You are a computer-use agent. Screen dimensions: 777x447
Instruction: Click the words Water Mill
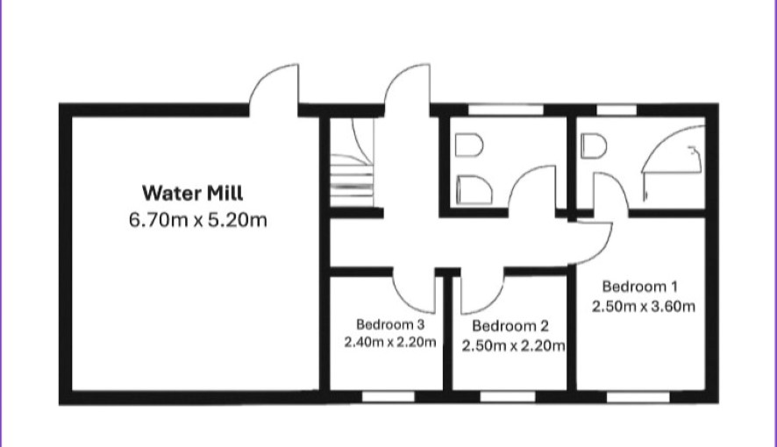point(192,193)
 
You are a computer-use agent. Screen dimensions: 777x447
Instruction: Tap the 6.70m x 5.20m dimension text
point(197,219)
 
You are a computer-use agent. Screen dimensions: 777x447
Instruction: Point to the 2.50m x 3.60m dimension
point(643,306)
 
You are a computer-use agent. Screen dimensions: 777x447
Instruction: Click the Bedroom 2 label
point(510,326)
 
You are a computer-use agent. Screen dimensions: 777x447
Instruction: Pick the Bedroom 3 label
point(390,324)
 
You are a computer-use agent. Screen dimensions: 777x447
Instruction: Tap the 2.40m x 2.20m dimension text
point(390,342)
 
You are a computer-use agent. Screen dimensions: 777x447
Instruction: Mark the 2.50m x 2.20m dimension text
point(513,345)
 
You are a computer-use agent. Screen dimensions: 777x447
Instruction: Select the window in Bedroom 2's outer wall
point(508,396)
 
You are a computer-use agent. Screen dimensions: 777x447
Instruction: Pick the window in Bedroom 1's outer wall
point(638,396)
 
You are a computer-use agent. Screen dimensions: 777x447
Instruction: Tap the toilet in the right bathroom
point(594,146)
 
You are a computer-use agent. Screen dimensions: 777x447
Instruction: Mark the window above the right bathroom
point(617,110)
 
